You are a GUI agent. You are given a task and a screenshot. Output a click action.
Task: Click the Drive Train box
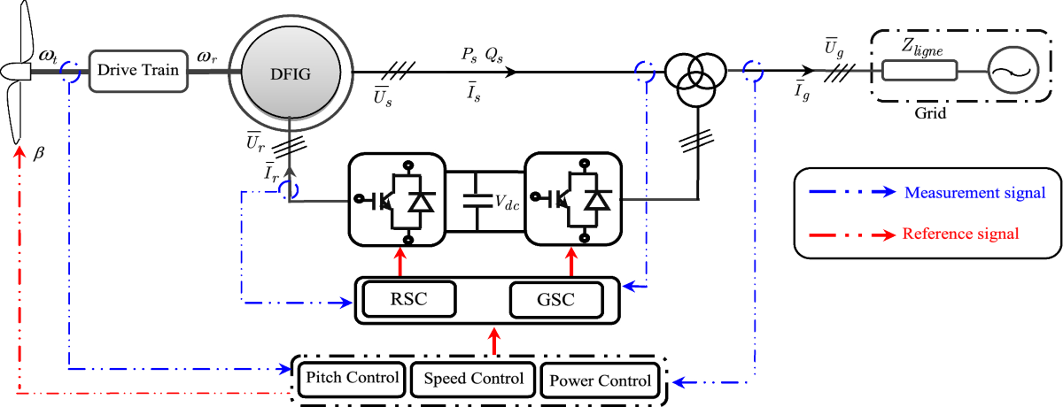coord(138,71)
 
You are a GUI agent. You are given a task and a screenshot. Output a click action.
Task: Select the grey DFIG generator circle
coord(291,73)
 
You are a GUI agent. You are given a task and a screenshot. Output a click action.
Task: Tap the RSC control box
coord(409,299)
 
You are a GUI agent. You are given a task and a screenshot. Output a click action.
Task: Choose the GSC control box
coord(556,299)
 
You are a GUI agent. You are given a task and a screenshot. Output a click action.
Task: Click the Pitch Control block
coord(352,379)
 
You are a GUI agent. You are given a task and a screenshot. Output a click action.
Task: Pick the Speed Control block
coord(473,379)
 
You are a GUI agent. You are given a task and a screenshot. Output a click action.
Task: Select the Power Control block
coord(600,380)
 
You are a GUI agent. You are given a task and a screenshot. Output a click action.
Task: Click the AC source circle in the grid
coord(1013,70)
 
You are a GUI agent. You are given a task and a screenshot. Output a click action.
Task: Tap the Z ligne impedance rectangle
coord(919,70)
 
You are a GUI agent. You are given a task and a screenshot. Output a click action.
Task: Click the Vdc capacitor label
coord(507,203)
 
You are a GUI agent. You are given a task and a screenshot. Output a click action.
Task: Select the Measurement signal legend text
coord(974,192)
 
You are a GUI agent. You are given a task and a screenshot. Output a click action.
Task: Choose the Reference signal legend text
coord(960,234)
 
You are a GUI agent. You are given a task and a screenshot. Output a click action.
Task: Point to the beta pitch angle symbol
coord(39,153)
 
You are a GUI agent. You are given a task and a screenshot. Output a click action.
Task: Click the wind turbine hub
coord(16,72)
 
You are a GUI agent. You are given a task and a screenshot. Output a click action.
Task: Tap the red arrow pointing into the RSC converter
coord(400,261)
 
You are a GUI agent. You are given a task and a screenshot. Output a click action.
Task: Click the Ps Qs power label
coord(482,55)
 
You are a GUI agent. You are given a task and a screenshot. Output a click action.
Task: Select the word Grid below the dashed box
coord(930,113)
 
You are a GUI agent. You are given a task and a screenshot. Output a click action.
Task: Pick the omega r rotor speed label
coord(207,58)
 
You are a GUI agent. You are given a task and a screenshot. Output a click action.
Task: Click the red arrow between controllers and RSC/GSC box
coord(494,341)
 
